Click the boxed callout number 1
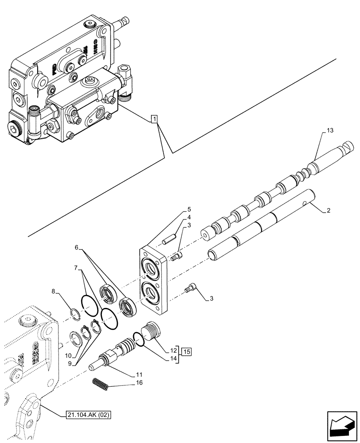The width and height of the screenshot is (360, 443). tap(153, 119)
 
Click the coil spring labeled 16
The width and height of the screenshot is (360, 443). tap(102, 383)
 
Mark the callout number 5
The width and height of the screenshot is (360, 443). tap(189, 209)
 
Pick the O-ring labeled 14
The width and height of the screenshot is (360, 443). tap(138, 340)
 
